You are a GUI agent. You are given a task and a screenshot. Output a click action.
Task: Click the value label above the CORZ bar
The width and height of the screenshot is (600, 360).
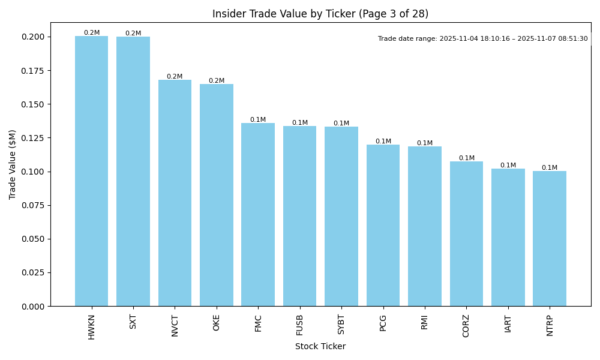coord(466,158)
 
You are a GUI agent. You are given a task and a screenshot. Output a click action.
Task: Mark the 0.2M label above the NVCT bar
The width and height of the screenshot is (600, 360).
coord(175,77)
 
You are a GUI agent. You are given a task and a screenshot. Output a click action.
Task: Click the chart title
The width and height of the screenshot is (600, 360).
coord(320,14)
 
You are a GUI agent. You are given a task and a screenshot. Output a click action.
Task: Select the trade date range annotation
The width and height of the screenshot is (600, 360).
coord(483,39)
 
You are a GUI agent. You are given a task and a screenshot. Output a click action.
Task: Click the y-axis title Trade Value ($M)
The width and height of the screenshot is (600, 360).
coord(13,164)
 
